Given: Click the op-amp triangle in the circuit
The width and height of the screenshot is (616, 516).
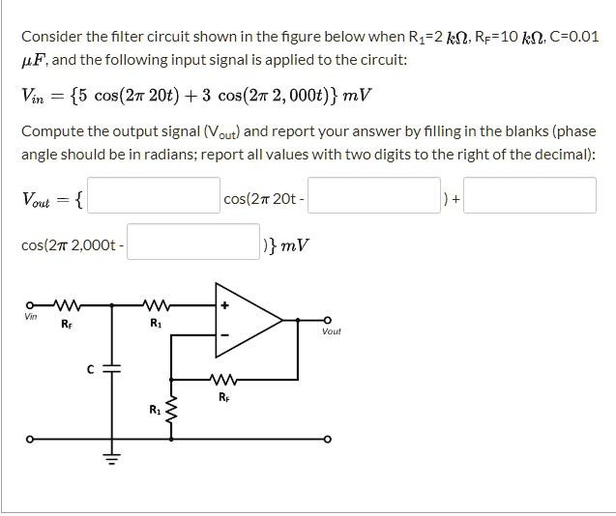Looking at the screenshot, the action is point(247,316).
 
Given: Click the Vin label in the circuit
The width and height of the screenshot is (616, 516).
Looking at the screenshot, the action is point(32,315).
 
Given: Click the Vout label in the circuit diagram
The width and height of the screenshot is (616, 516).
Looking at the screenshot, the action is point(331,331).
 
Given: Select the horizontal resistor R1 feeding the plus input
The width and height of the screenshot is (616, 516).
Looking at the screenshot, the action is point(158,303).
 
